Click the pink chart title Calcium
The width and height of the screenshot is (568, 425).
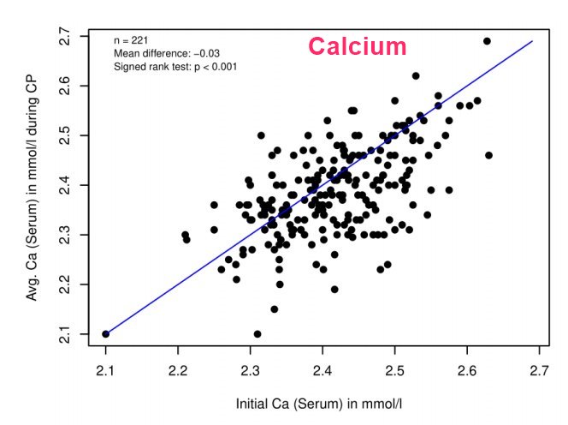(x=358, y=46)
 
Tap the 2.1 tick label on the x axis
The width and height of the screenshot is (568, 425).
(x=105, y=370)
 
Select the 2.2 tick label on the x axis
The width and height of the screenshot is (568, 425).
(x=178, y=370)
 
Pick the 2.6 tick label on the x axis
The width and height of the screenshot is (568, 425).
(x=466, y=370)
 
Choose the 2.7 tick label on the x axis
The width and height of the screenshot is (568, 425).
(x=539, y=370)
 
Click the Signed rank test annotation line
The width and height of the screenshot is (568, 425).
(x=175, y=66)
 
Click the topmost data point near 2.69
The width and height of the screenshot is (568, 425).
(x=488, y=41)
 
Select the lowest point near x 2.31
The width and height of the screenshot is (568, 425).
(x=257, y=334)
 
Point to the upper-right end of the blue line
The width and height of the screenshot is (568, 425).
(x=532, y=40)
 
